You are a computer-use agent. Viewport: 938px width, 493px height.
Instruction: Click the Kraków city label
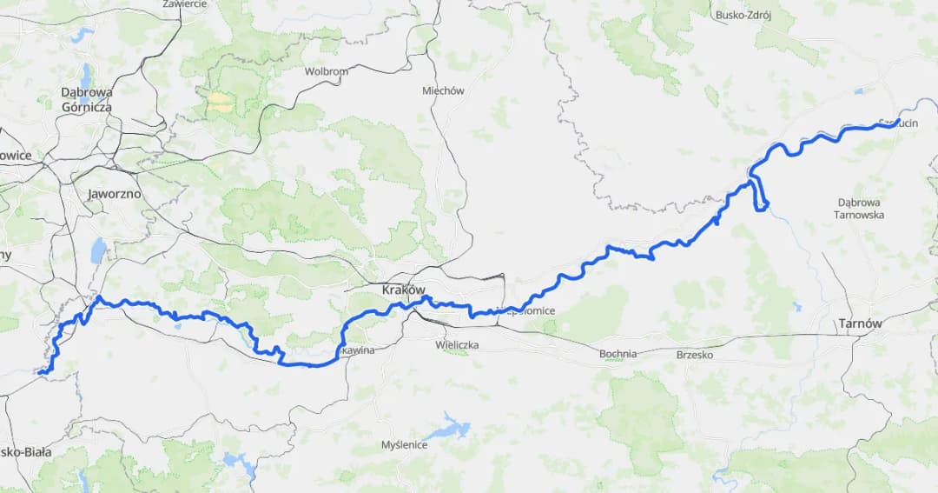tap(404, 290)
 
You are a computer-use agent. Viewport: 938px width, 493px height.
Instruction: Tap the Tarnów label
tap(860, 323)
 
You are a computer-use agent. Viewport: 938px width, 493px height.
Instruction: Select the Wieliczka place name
tap(457, 345)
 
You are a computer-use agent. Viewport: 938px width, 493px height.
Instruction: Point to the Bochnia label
tap(618, 354)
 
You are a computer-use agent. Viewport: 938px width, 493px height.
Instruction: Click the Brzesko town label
tap(694, 355)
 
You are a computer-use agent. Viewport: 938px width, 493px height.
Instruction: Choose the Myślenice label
tap(404, 445)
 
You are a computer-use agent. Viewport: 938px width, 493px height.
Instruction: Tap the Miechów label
tap(443, 90)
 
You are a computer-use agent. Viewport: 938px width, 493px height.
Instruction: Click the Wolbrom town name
tap(326, 71)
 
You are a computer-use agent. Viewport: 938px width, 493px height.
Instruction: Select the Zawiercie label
tap(184, 4)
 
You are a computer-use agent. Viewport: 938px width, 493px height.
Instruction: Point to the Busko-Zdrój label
tap(743, 15)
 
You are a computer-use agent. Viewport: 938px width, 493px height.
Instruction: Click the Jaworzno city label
tap(114, 194)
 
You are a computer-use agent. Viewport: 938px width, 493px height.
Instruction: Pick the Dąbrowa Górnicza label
tap(86, 99)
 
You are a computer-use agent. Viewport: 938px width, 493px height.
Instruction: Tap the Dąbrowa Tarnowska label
tap(859, 208)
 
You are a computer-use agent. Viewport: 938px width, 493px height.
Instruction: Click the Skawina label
tap(356, 350)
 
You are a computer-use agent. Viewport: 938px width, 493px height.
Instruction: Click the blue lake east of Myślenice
tap(449, 428)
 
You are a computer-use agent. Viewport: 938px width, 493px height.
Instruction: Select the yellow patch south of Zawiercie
tap(218, 103)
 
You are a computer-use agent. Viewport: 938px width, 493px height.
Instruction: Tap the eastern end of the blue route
tap(897, 123)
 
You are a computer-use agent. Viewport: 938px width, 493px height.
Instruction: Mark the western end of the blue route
tap(41, 372)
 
